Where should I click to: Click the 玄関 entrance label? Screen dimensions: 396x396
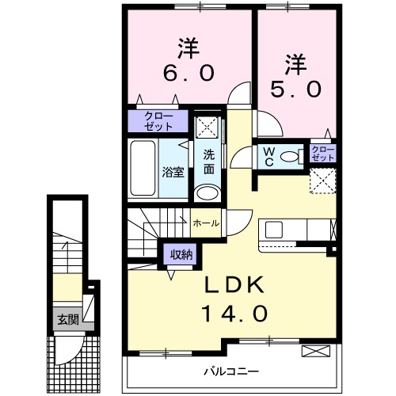click(x=67, y=320)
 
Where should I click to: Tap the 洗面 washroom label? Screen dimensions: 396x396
click(x=209, y=162)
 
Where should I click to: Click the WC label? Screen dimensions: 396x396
click(x=268, y=156)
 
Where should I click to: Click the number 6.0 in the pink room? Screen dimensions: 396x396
click(x=188, y=73)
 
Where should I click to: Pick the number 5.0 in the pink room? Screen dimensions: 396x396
click(x=295, y=89)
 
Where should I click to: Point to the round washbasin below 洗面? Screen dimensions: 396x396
click(x=208, y=192)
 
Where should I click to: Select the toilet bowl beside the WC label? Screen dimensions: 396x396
click(x=291, y=157)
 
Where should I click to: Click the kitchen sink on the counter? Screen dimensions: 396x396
click(x=274, y=230)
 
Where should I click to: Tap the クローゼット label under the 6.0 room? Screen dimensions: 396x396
click(x=158, y=121)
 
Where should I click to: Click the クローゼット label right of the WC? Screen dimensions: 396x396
click(x=323, y=153)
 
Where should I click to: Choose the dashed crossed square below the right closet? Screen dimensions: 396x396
click(x=322, y=181)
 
